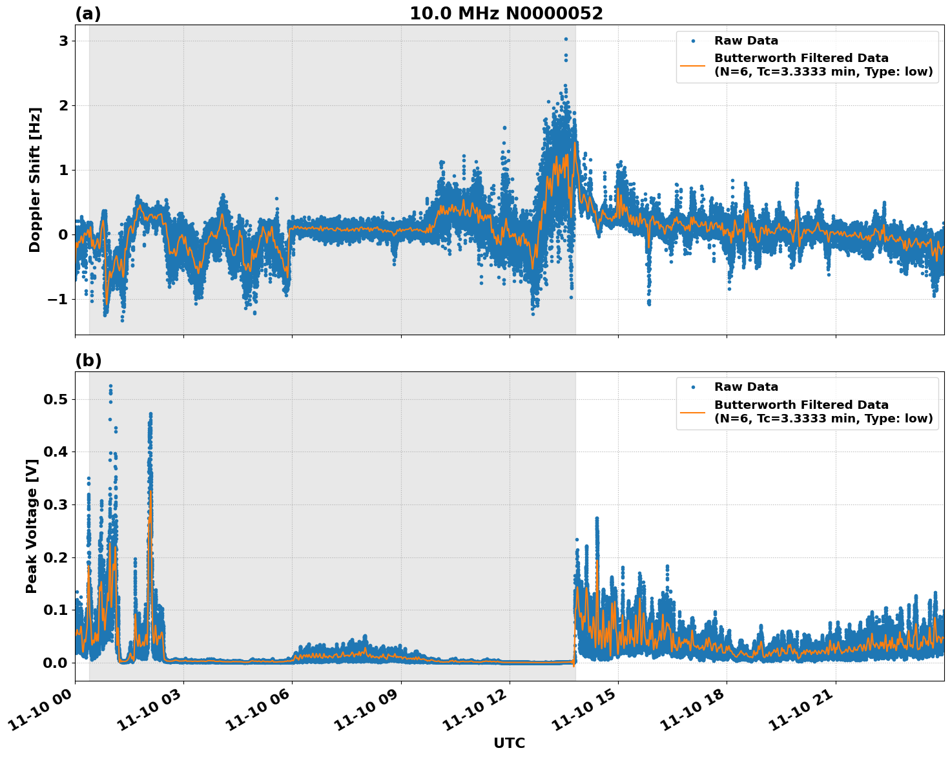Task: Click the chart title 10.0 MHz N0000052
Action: tap(506, 14)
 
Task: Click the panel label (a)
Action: tap(88, 14)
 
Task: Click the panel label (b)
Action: tap(88, 360)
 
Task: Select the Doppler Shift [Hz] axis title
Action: tap(35, 180)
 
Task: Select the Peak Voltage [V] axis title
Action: tap(32, 526)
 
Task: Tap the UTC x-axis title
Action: tap(509, 743)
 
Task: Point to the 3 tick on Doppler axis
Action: tap(63, 41)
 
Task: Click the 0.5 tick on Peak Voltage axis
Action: tap(55, 399)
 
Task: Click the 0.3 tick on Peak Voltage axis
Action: tap(55, 504)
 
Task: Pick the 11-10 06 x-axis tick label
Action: tap(258, 710)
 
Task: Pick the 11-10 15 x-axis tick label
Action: tap(584, 710)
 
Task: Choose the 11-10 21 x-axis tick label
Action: tap(801, 710)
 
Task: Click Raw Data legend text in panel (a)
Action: tap(746, 41)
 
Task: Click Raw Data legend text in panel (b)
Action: tap(746, 387)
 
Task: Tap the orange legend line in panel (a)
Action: tap(692, 65)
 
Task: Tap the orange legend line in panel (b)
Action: tap(692, 411)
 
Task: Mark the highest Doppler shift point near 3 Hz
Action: tap(566, 39)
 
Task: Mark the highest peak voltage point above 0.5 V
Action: tap(110, 386)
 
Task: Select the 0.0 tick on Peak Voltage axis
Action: tap(55, 663)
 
